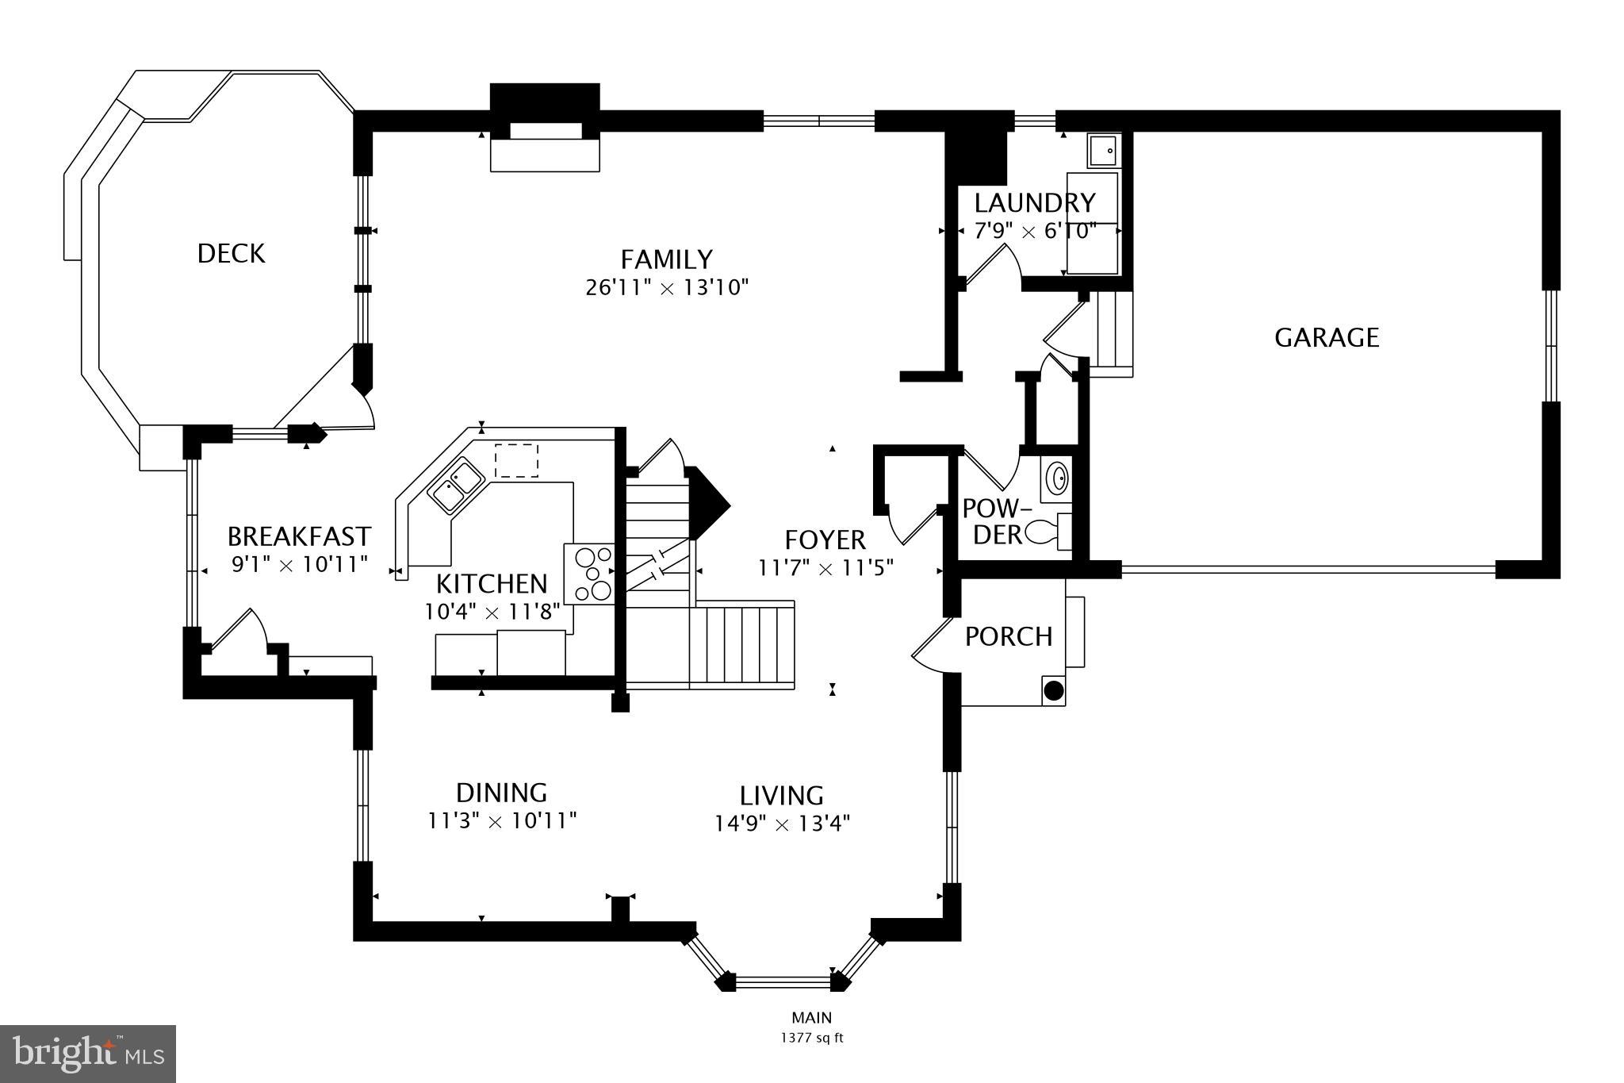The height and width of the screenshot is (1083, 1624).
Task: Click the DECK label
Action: click(x=231, y=254)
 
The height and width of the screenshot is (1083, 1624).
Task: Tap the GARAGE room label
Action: click(x=1327, y=338)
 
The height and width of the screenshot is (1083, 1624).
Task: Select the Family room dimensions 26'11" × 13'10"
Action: click(x=667, y=287)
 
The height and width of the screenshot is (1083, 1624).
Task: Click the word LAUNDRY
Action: click(x=1035, y=203)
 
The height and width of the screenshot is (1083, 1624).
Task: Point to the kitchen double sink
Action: click(x=457, y=484)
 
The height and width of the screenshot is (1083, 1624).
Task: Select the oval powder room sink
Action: click(x=1057, y=478)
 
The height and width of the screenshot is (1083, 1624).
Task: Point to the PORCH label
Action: click(x=1009, y=636)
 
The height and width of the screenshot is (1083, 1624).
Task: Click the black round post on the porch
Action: click(x=1053, y=690)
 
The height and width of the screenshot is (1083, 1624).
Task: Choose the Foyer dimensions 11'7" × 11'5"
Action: click(x=826, y=568)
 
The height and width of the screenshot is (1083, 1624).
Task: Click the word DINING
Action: click(x=501, y=793)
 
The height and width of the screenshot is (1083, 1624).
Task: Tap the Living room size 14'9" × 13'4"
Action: click(x=782, y=824)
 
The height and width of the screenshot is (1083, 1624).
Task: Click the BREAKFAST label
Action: click(x=299, y=537)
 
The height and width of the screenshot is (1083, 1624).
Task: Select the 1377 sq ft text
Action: click(x=811, y=1037)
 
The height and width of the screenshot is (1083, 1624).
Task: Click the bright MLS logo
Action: click(x=88, y=1054)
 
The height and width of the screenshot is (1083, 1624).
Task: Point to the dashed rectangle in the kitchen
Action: click(x=516, y=461)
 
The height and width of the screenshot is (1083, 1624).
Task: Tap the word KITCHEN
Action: click(x=492, y=584)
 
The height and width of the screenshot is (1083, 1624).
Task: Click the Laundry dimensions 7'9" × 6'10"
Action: click(x=1035, y=232)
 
